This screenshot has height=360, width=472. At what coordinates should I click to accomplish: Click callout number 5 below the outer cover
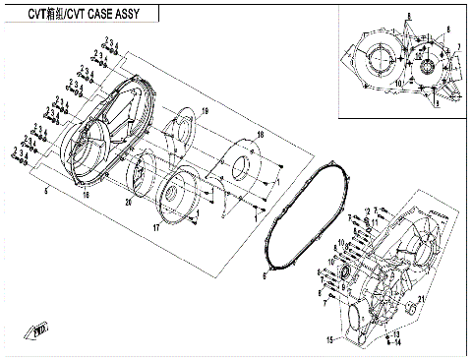coord(46,189)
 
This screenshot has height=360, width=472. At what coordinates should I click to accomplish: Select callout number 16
coord(87,198)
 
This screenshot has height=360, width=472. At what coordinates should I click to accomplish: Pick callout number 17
coord(156,227)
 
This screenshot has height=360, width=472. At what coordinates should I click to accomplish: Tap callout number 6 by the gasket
coord(265,276)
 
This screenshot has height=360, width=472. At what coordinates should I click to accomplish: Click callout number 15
coord(330,339)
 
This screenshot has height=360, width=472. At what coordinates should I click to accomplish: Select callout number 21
coord(421,300)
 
